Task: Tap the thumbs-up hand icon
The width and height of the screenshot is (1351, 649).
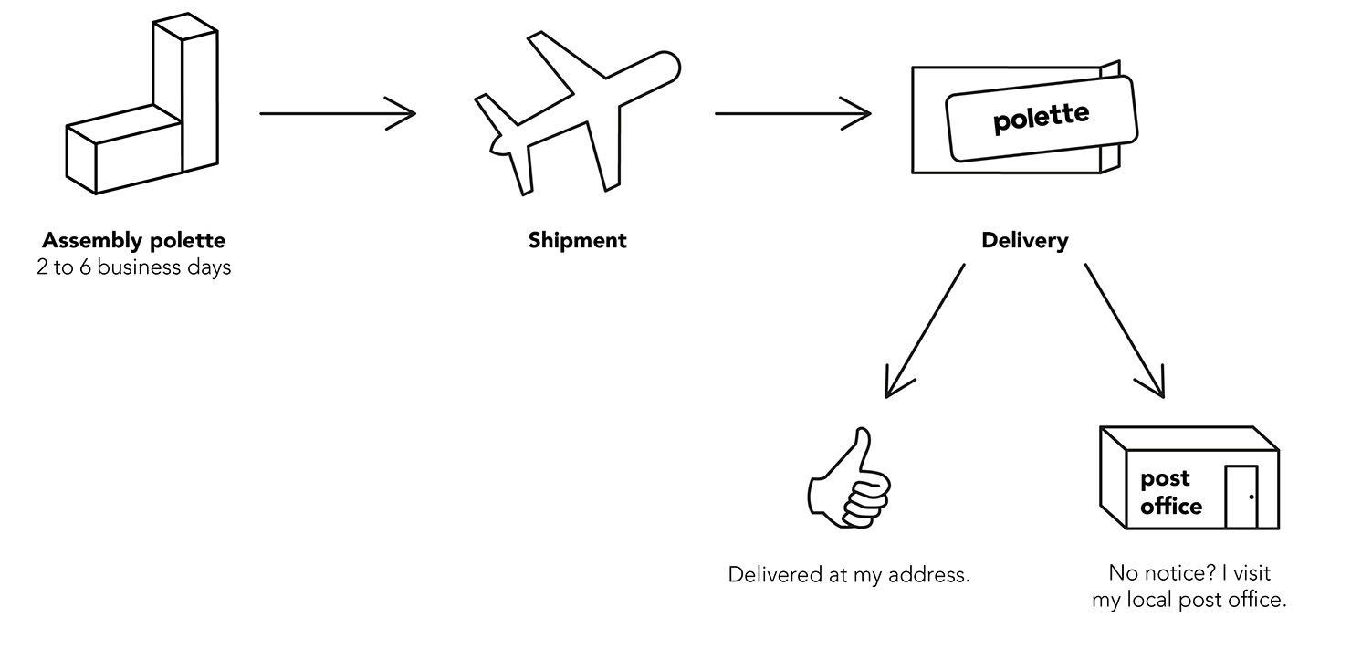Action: (849, 479)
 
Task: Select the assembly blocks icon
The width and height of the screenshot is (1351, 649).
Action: (141, 104)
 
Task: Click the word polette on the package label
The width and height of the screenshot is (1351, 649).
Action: (1041, 118)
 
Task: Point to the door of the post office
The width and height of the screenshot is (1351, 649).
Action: (1241, 497)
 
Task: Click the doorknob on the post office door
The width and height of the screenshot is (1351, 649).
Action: (1252, 497)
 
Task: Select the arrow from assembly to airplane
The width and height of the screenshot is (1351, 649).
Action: (338, 113)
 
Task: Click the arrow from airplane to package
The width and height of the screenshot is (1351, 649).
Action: (793, 113)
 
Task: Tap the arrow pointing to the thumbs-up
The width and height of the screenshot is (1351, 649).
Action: (925, 330)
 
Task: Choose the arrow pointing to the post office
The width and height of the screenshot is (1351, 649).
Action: (1125, 330)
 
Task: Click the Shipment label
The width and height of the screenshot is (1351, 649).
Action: (577, 241)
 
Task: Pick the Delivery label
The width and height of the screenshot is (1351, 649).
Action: (1025, 241)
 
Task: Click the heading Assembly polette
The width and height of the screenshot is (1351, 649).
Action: (134, 241)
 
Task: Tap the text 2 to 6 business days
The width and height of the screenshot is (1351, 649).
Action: (134, 267)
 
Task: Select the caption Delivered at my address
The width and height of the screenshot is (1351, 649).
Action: (849, 574)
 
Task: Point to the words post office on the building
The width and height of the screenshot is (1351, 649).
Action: (1170, 493)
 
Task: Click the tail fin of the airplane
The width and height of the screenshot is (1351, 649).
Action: (496, 115)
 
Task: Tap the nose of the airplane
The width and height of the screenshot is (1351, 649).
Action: (673, 63)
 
